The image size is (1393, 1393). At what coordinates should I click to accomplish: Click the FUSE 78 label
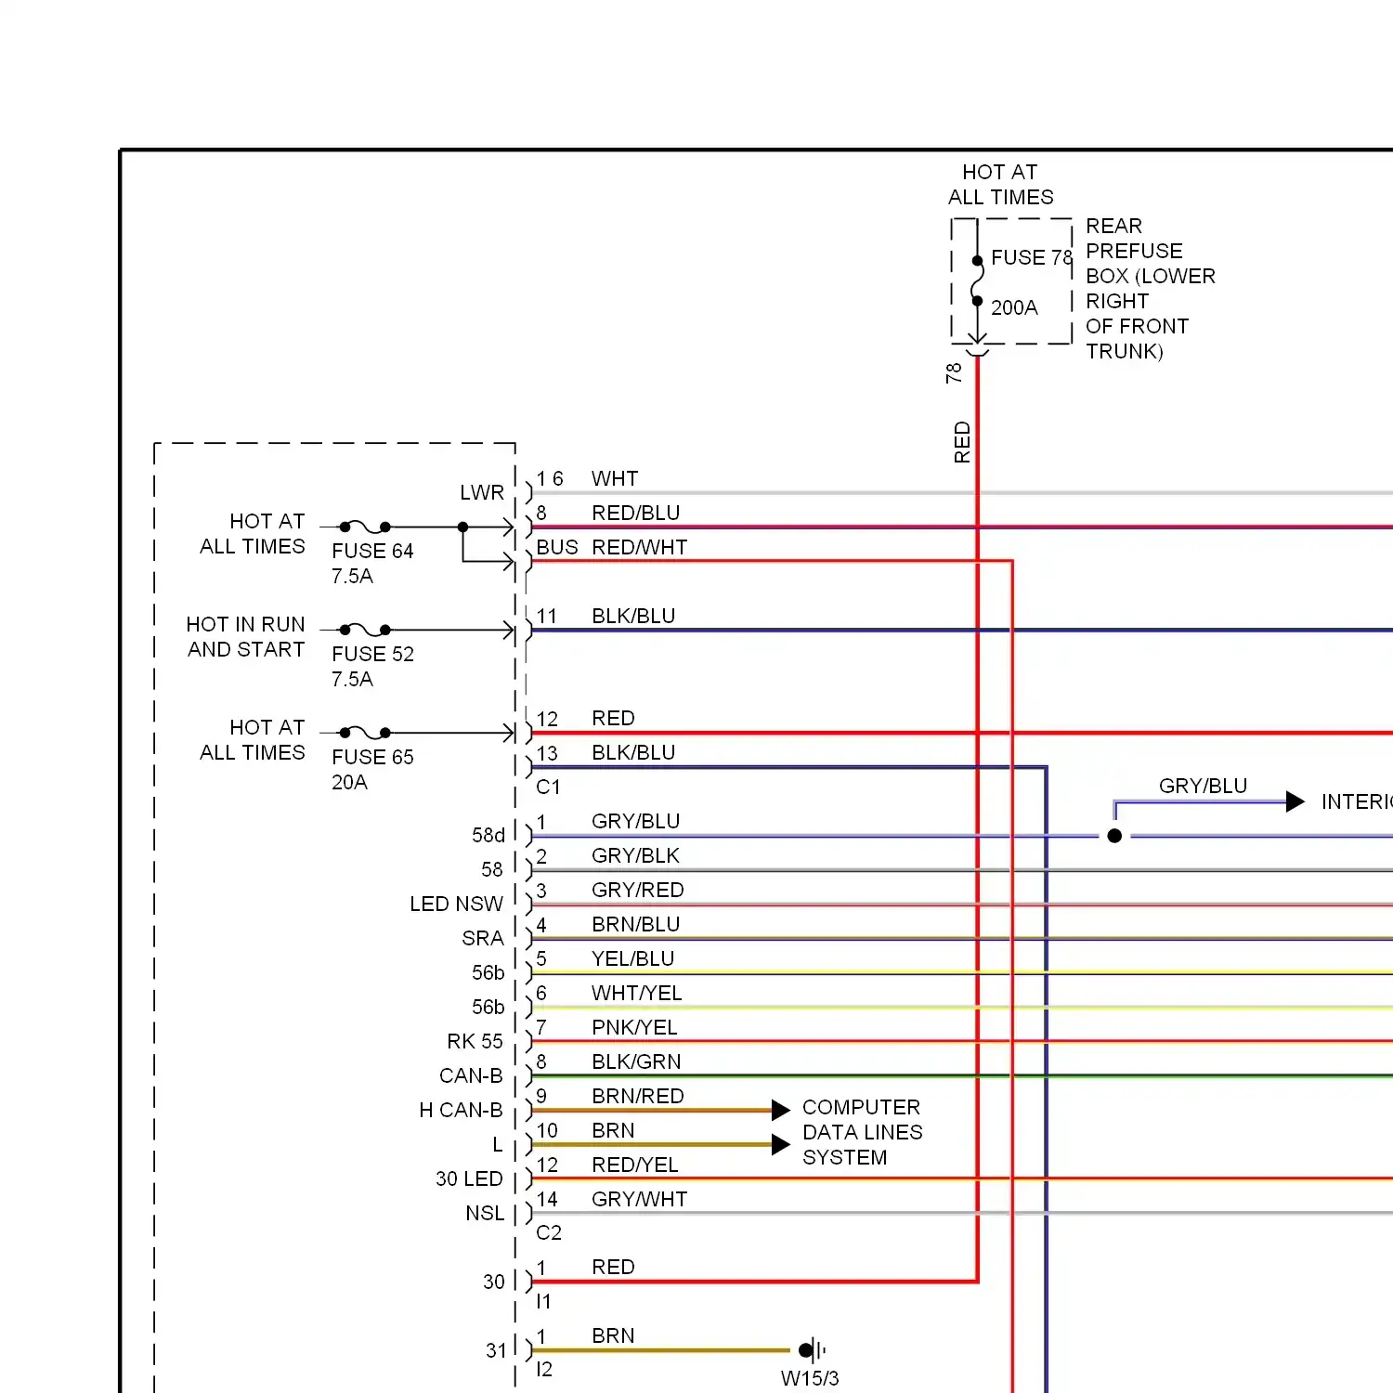[1032, 257]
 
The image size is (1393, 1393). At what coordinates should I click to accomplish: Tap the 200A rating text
[1014, 307]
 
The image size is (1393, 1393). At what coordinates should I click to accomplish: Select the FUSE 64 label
[372, 551]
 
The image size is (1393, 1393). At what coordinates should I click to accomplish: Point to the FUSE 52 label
[372, 654]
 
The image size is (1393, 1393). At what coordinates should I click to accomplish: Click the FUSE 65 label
[372, 757]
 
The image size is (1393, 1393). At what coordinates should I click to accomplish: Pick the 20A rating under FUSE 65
[349, 782]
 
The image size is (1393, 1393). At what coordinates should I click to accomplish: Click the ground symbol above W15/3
[811, 1349]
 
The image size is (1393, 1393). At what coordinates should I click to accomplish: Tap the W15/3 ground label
[810, 1378]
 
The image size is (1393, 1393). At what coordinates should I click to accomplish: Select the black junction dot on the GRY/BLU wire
[1114, 836]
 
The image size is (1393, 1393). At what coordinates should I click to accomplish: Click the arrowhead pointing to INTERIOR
[1295, 801]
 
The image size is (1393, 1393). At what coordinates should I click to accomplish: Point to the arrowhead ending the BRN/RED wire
[781, 1110]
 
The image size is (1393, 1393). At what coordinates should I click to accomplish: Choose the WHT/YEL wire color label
[637, 993]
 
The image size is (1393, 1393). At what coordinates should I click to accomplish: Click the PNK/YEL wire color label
[634, 1027]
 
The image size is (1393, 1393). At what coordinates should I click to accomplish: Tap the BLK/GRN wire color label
[636, 1061]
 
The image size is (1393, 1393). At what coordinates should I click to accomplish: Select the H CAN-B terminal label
[461, 1110]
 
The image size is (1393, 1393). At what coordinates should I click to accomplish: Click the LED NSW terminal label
[456, 904]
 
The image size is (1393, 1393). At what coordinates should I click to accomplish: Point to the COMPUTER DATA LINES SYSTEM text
[863, 1132]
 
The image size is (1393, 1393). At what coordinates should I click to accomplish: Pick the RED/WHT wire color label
[640, 547]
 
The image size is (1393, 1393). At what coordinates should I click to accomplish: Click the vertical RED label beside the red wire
[962, 442]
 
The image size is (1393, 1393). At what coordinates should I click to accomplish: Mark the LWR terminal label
[482, 492]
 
